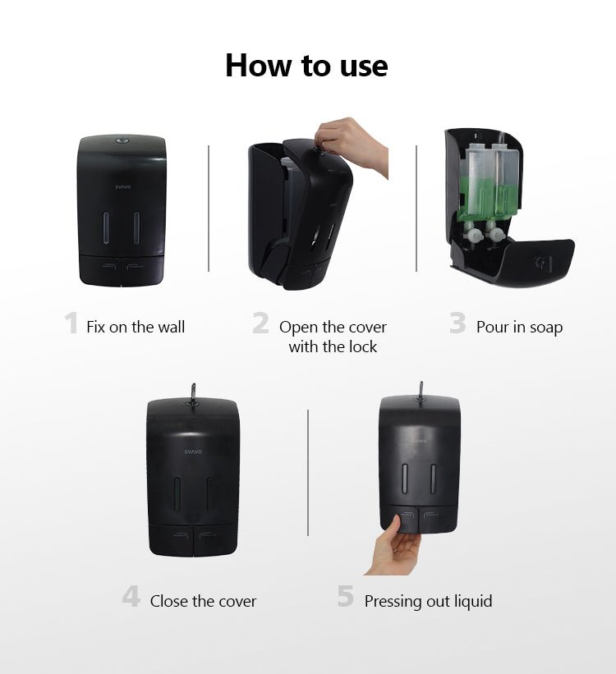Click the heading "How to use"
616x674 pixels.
point(306,66)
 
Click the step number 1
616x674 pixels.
point(71,323)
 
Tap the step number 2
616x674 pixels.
point(260,323)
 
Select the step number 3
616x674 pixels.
point(457,323)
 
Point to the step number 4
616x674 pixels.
point(131,597)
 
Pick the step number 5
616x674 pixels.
point(346,597)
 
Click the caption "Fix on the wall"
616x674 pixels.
point(136,327)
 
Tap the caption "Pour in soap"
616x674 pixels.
point(519,327)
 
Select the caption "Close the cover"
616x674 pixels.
point(203,602)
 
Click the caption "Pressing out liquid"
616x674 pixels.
point(428,602)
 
